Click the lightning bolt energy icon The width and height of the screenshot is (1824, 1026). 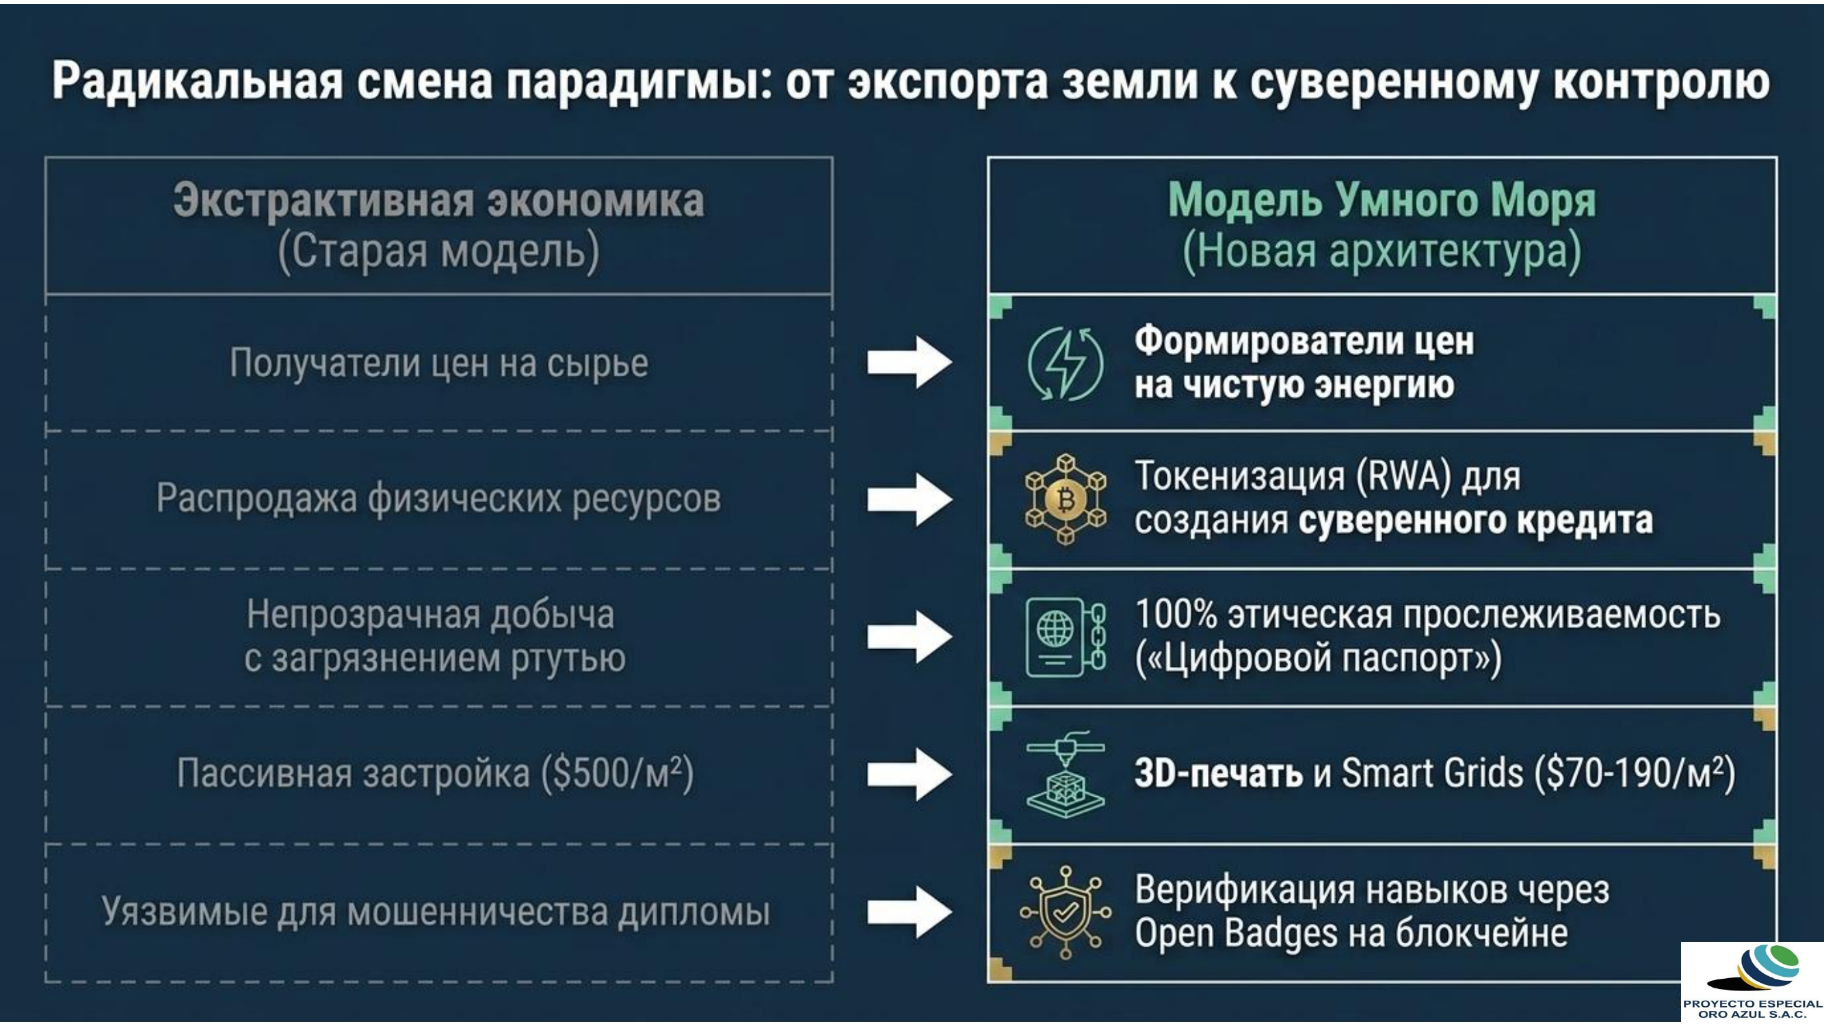(1065, 364)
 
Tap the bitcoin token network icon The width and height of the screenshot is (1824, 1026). (1066, 500)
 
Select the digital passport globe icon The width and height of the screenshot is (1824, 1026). (1066, 637)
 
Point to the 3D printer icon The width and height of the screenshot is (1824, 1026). (1066, 774)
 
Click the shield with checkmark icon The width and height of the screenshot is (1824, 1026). (1066, 912)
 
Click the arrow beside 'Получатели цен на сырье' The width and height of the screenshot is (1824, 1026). (910, 363)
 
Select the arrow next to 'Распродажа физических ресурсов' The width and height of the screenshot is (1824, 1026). (910, 500)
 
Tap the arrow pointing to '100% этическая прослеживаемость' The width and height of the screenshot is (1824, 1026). (910, 637)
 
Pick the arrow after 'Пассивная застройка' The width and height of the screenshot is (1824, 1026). (910, 774)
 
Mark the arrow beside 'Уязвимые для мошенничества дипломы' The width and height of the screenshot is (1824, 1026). (910, 911)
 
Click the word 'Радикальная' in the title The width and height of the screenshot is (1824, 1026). (198, 81)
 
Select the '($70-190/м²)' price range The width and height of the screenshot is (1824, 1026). (1636, 772)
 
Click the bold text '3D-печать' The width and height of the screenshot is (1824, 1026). (1219, 772)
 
